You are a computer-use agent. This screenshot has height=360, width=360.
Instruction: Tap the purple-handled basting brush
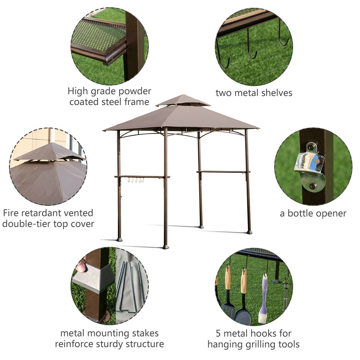[x=263, y=300]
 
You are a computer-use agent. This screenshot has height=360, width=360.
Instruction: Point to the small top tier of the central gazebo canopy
[x=183, y=100]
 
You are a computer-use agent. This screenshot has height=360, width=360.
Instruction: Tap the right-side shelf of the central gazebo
[x=223, y=172]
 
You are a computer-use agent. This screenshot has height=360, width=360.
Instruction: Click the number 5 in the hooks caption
[x=219, y=333]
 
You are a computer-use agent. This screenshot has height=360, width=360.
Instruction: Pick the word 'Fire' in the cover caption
[x=11, y=213]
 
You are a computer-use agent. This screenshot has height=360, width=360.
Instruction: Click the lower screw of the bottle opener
[x=313, y=186]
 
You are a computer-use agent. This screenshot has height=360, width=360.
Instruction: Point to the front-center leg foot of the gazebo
[x=166, y=247]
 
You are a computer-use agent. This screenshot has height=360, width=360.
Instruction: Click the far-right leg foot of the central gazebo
[x=249, y=232]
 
